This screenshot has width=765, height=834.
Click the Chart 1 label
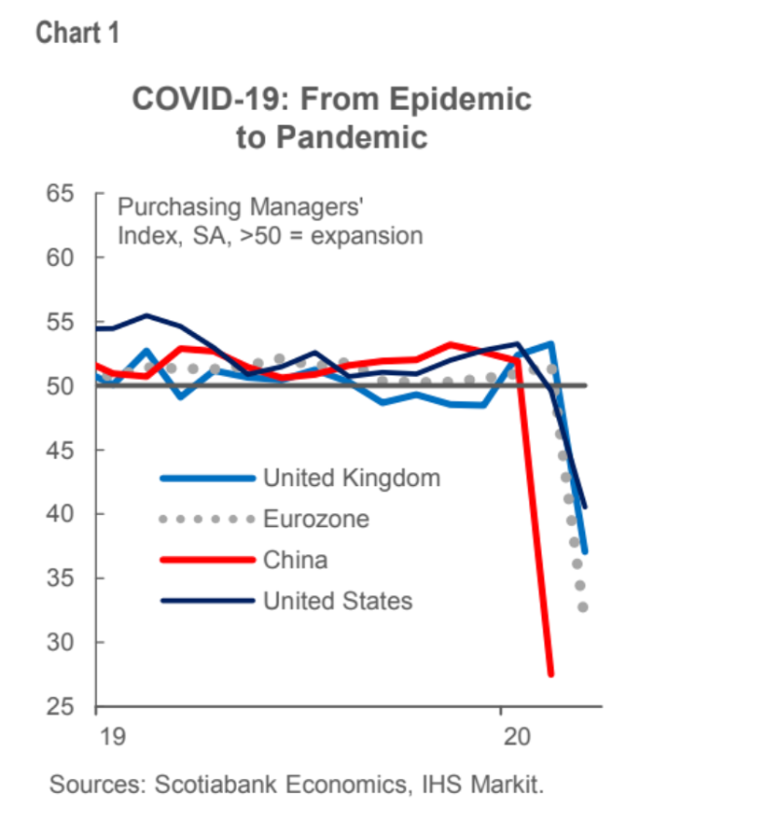click(x=77, y=35)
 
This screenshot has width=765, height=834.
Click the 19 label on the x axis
click(x=111, y=735)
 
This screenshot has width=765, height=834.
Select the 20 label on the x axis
click(x=516, y=735)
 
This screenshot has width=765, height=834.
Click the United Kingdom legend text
click(x=351, y=479)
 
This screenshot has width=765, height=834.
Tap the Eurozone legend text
click(x=315, y=519)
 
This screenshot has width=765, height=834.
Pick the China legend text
click(x=295, y=560)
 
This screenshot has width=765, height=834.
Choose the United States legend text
click(x=337, y=600)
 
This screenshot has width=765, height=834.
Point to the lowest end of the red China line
click(x=550, y=673)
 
